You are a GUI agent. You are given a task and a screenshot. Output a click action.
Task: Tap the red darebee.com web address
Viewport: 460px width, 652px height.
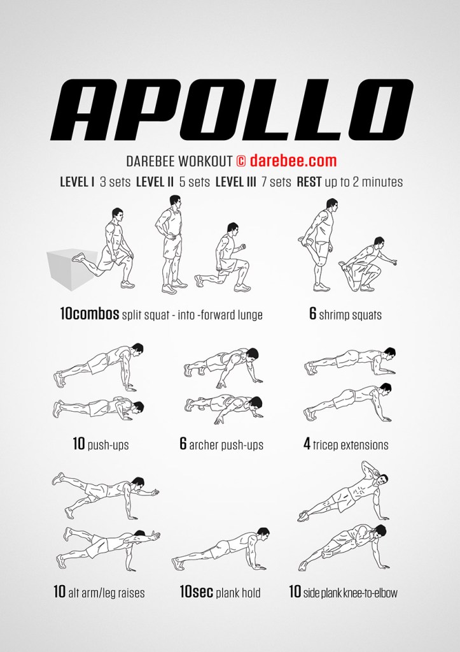pos(293,161)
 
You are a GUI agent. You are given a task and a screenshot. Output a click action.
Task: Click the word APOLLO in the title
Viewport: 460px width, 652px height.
pos(232,110)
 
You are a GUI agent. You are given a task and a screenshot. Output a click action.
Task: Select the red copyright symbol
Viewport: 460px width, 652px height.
pos(241,161)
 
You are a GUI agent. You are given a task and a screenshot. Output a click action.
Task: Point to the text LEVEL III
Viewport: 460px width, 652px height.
pos(236,182)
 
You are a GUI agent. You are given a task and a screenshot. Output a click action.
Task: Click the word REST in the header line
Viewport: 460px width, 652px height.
pos(309,182)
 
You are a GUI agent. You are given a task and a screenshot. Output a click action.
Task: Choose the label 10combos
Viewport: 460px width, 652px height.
pos(90,314)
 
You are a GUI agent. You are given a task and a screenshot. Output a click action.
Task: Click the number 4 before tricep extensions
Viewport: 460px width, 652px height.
pos(307,444)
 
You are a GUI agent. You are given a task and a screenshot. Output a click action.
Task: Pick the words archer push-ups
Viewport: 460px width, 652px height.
pos(227,446)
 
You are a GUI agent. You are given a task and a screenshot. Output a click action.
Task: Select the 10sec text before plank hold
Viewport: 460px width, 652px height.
pos(197,591)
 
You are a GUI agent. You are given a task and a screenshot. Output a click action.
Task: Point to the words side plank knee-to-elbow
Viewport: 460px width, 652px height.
pos(351,593)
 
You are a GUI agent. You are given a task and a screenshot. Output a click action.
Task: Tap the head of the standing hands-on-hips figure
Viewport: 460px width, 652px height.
pos(175,201)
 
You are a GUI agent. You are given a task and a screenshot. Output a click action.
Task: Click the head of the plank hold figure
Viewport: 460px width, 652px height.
pos(263,534)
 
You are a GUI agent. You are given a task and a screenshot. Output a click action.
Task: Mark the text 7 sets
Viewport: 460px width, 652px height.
pos(276,182)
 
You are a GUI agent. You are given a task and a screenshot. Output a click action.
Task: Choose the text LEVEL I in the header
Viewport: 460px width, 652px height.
pos(77,182)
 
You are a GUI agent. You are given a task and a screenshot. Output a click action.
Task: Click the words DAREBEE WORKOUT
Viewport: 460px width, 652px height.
pos(179,161)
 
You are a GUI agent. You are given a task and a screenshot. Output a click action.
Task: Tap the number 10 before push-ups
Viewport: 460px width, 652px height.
pos(79,444)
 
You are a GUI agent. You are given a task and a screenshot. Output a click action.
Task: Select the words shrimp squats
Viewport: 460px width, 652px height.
pos(351,315)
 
